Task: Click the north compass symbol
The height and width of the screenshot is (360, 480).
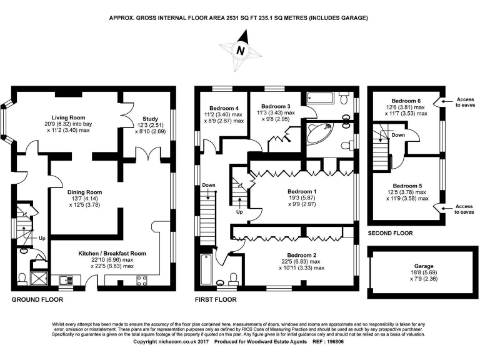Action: tap(240, 50)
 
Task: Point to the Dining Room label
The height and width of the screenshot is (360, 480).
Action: tap(81, 192)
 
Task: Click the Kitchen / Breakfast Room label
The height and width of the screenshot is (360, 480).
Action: tap(112, 253)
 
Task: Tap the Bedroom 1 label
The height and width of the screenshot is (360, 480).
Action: tap(302, 191)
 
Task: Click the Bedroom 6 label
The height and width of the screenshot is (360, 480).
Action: tap(406, 101)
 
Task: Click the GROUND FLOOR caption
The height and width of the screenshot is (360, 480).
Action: tap(37, 300)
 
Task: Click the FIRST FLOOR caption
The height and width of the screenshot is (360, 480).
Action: tap(216, 300)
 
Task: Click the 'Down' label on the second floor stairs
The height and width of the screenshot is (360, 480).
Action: tap(397, 134)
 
